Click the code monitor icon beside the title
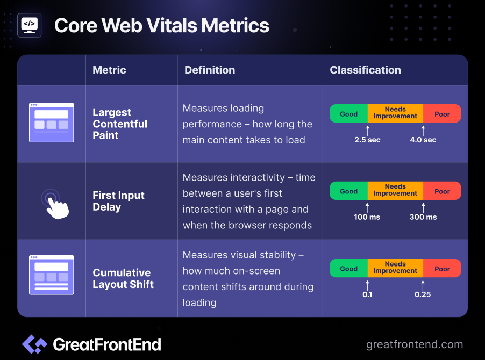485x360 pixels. [x=30, y=25]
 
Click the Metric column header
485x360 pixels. [x=109, y=70]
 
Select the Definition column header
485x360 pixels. [x=210, y=70]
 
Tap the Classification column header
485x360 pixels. [x=365, y=70]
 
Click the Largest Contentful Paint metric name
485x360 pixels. [x=120, y=124]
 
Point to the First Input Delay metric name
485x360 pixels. [x=118, y=201]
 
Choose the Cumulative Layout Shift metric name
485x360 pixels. [x=123, y=278]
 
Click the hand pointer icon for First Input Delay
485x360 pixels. [x=55, y=204]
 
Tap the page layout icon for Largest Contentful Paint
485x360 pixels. [x=51, y=123]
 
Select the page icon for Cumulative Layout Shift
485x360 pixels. [x=51, y=275]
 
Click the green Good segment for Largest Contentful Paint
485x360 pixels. [x=348, y=114]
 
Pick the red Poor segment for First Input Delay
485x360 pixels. [x=442, y=191]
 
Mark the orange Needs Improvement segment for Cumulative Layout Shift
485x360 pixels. [x=395, y=268]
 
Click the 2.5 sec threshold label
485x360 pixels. [x=367, y=140]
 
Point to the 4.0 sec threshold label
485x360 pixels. [x=423, y=140]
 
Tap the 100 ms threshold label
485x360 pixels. [x=367, y=217]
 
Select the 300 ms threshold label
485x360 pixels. [x=423, y=217]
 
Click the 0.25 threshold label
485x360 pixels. [x=423, y=294]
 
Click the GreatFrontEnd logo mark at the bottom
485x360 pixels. [x=34, y=344]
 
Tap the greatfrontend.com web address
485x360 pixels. [x=415, y=344]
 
